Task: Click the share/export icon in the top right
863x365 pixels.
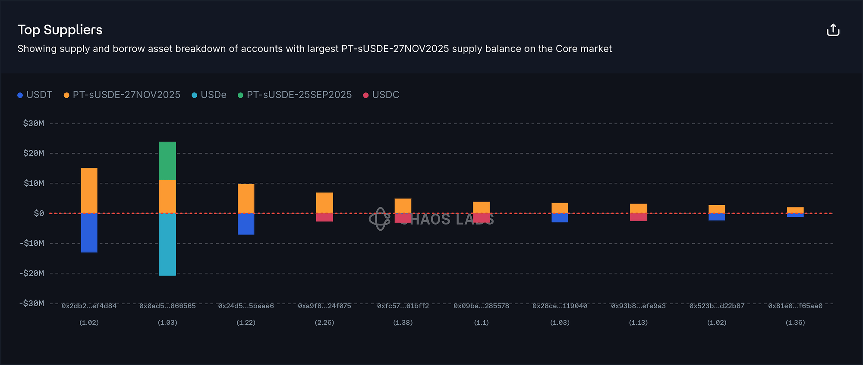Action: pyautogui.click(x=833, y=30)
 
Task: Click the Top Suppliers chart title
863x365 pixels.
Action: pyautogui.click(x=60, y=30)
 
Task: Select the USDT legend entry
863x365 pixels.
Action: pyautogui.click(x=35, y=95)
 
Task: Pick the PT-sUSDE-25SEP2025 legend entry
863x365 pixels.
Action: pyautogui.click(x=295, y=95)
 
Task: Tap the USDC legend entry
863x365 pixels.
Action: pyautogui.click(x=381, y=95)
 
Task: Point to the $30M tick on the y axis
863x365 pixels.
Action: pyautogui.click(x=34, y=124)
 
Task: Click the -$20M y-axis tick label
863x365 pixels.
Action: pyautogui.click(x=32, y=273)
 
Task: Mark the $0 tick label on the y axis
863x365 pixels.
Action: pyautogui.click(x=39, y=213)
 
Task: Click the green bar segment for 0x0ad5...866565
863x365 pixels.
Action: pyautogui.click(x=167, y=161)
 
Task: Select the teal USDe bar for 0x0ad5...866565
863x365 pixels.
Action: pyautogui.click(x=167, y=244)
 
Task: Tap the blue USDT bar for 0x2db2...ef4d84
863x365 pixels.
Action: pyautogui.click(x=89, y=233)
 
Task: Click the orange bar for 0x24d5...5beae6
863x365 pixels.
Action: pyautogui.click(x=246, y=199)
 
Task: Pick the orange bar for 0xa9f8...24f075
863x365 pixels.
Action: pyautogui.click(x=324, y=203)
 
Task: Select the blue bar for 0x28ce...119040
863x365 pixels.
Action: pyautogui.click(x=560, y=218)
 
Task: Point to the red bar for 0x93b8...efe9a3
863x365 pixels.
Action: pyautogui.click(x=638, y=217)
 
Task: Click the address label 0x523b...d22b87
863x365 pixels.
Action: pyautogui.click(x=717, y=306)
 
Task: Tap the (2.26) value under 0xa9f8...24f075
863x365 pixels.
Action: pyautogui.click(x=324, y=323)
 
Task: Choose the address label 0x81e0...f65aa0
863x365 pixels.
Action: pyautogui.click(x=795, y=306)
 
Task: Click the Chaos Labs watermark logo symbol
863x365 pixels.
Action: pyautogui.click(x=379, y=219)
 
